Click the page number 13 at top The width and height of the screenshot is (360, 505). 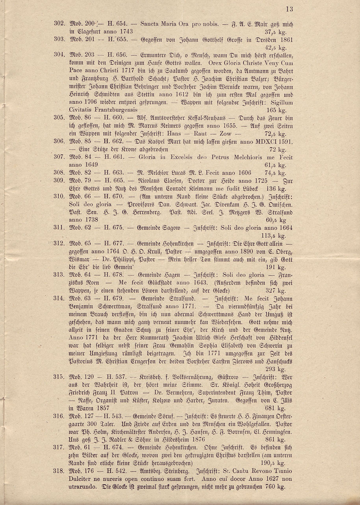[x=289, y=9]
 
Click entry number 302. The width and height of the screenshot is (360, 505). [x=59, y=24]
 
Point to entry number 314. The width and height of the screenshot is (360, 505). [x=59, y=296]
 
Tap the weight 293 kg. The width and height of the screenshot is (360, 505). [x=276, y=369]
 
